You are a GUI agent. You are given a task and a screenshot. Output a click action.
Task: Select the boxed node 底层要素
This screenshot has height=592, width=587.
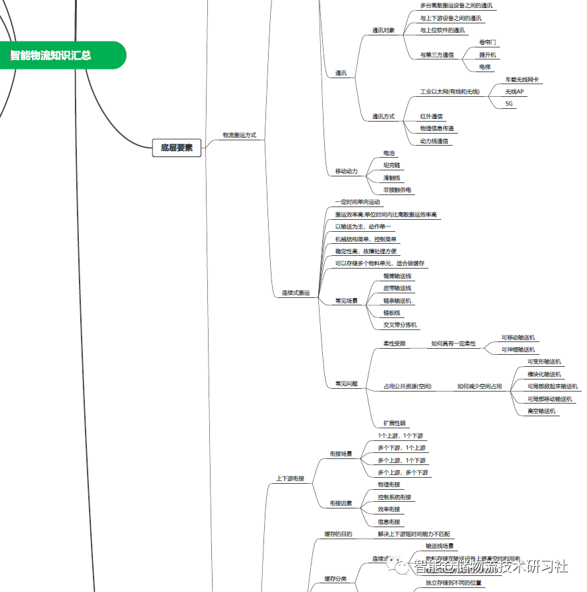177,148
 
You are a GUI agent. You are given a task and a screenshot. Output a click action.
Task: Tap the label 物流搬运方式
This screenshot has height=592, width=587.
239,135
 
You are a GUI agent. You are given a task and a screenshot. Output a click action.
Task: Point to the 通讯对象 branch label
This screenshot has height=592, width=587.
383,31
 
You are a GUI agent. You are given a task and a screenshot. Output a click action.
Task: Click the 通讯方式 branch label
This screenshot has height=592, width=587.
383,117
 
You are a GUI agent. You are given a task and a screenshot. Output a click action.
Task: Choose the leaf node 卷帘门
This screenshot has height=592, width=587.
487,42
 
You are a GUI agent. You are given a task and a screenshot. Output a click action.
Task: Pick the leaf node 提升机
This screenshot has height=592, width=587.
487,55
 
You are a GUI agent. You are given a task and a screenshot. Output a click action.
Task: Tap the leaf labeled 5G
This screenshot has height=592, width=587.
509,104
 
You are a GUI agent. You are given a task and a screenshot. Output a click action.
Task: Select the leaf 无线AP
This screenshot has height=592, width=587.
514,92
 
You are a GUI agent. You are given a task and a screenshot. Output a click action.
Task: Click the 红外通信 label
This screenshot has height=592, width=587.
431,117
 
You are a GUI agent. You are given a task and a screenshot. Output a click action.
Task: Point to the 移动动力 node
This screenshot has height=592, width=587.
346,172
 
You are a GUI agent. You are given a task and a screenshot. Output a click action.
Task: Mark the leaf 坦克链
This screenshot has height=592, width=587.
391,165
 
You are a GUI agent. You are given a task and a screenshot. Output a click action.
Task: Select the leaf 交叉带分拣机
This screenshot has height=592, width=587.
400,325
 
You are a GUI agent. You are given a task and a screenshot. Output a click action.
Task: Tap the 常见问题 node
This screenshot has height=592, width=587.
346,384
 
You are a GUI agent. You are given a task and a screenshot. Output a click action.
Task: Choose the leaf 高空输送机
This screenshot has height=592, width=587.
542,412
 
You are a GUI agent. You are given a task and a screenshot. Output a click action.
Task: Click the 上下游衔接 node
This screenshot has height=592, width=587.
290,478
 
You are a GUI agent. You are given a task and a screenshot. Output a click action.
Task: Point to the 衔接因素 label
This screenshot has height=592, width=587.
341,503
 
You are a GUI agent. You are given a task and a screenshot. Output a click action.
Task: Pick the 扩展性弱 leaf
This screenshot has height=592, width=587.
394,424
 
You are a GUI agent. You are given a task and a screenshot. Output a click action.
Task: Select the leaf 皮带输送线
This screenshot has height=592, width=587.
397,288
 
